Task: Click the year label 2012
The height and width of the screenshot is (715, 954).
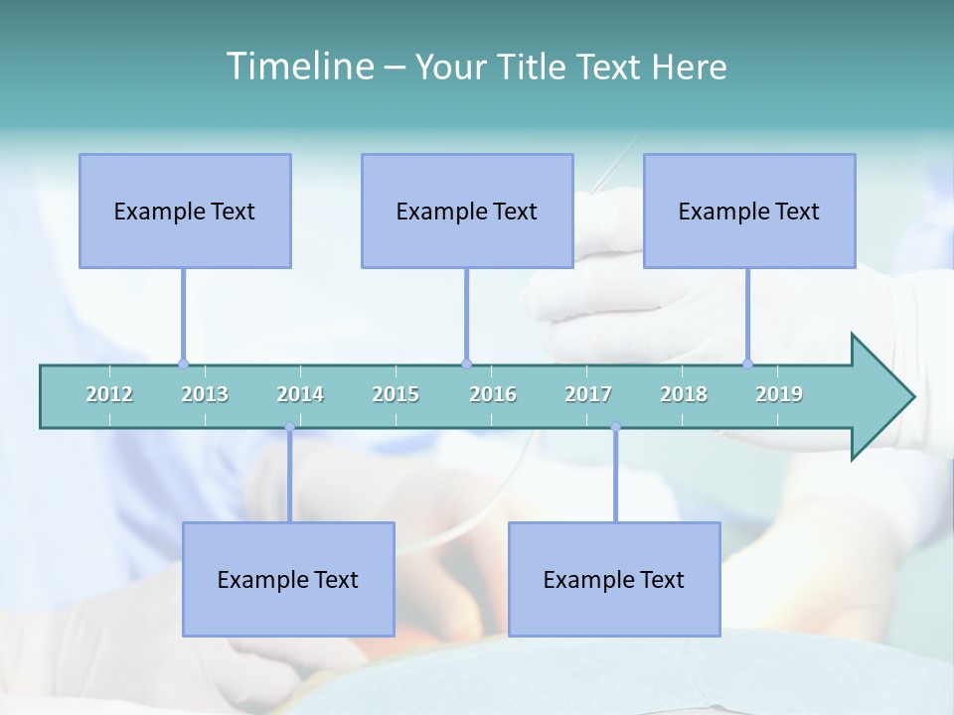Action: pos(109,394)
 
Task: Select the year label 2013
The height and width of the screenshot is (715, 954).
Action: pos(205,394)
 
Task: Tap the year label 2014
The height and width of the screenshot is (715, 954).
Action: pos(300,394)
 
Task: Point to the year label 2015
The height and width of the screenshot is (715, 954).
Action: pos(396,394)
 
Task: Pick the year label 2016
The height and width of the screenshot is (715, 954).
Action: pos(493,394)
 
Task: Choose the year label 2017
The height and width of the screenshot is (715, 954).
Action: pos(588,394)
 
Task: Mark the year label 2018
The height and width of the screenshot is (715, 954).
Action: pos(684,394)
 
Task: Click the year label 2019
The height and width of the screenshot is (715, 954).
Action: pos(779,394)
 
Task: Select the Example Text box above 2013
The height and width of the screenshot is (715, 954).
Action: pos(185,211)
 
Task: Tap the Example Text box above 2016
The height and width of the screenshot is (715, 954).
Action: pos(467,211)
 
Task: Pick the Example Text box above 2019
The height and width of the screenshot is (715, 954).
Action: pos(749,211)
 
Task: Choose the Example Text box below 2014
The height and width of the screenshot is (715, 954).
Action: pos(288,579)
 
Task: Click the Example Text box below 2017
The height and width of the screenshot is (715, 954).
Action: pos(614,579)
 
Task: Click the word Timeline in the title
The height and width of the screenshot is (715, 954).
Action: pos(298,67)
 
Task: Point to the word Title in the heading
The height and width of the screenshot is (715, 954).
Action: pos(537,67)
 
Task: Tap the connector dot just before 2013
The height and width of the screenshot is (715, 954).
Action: pos(184,363)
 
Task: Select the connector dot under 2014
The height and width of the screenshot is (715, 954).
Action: pos(289,427)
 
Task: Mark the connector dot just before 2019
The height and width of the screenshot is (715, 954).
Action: pos(748,363)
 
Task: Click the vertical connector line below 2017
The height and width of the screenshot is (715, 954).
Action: pos(615,477)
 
